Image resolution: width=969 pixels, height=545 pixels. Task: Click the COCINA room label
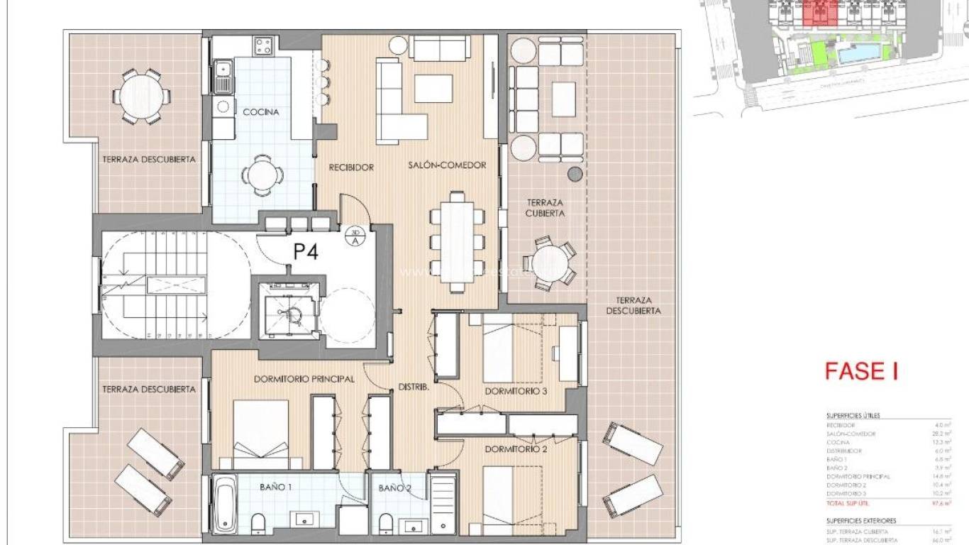click(x=261, y=112)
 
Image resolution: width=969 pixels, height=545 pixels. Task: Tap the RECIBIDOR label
click(x=350, y=167)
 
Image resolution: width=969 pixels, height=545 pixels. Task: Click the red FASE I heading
click(x=860, y=371)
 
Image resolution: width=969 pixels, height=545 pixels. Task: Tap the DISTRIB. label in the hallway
click(x=412, y=387)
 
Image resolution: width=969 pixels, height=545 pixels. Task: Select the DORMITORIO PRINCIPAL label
click(x=304, y=380)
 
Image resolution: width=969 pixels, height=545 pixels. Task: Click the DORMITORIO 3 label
click(x=516, y=391)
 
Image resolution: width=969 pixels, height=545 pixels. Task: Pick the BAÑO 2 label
click(x=394, y=488)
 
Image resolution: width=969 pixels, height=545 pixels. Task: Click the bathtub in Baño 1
click(x=226, y=504)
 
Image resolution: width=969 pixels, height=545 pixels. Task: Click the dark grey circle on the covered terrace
click(x=575, y=174)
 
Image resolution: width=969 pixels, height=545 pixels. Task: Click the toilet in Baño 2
click(x=386, y=524)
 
